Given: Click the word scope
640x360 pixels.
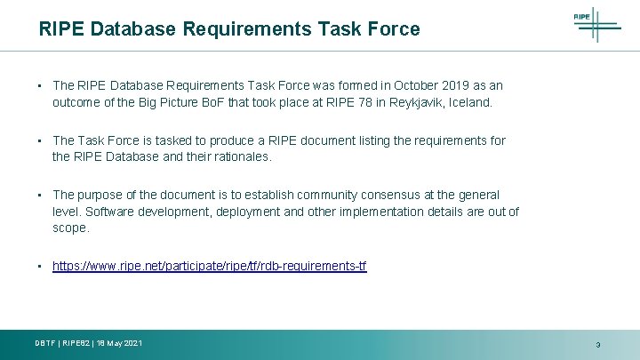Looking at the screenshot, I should click(70, 228).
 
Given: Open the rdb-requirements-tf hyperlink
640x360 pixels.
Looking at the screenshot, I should click(209, 266).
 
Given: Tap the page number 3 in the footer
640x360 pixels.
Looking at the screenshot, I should click(597, 345).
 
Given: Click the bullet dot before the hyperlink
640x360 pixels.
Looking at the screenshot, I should click(41, 266).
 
